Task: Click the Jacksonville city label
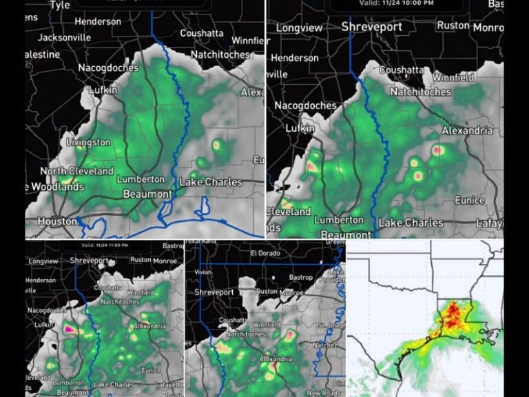tap(63, 37)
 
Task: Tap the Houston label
tap(57, 221)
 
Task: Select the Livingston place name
tap(87, 142)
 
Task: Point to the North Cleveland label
tap(76, 171)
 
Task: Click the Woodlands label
tap(58, 187)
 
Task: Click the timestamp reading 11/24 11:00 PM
tap(107, 245)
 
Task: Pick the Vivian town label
tap(205, 272)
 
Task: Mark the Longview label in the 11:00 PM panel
tap(44, 262)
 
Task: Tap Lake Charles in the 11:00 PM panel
tap(111, 384)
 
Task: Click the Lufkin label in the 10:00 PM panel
tap(300, 128)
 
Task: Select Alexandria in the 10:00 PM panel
tap(468, 130)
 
